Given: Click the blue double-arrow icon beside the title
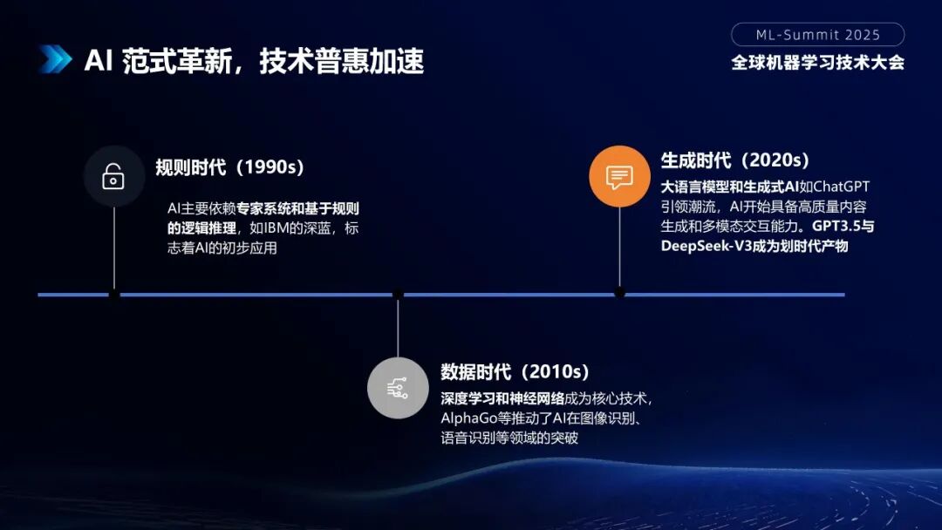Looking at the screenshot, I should point(54,59).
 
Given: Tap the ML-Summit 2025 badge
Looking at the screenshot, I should point(817,35).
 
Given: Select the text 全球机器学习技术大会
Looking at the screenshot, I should point(817,63).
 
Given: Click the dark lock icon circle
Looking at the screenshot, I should point(113,176).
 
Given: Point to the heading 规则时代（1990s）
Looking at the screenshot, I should point(230,167).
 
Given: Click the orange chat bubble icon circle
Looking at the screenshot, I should point(619,176).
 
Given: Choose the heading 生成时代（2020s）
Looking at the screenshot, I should point(735,160).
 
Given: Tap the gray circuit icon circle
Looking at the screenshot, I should point(398,387).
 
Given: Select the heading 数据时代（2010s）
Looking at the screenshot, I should point(515,372).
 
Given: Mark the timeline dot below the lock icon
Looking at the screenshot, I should point(114,295).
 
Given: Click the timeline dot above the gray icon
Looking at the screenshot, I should point(398,295).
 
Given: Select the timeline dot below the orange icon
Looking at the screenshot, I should point(619,293).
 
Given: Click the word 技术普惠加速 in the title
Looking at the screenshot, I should point(341,61).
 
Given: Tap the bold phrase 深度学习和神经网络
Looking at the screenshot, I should point(502,398).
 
